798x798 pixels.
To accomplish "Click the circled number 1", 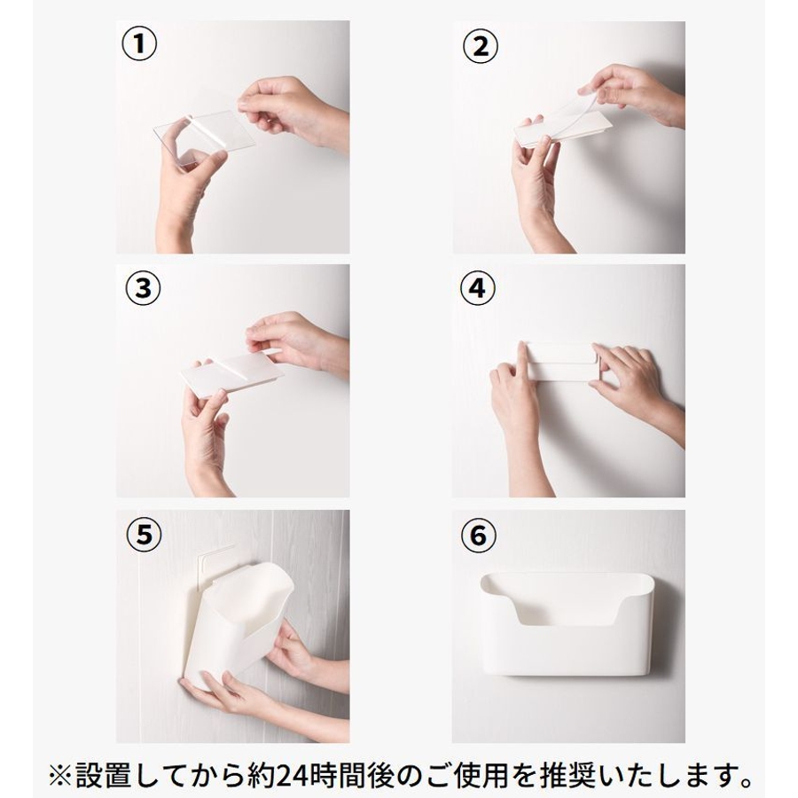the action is coord(139,44).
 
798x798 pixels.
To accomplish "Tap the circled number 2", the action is coord(480,46).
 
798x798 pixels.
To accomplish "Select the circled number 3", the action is coord(143,288).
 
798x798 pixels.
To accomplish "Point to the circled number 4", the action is coord(477,288).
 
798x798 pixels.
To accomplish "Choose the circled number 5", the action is coord(144,535).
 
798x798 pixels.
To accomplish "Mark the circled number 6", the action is coord(478,536).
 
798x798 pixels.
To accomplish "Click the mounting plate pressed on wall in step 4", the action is coord(559,362).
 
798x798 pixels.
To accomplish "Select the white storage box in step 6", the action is coord(567,624).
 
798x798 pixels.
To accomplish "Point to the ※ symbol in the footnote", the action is coord(60,777).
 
